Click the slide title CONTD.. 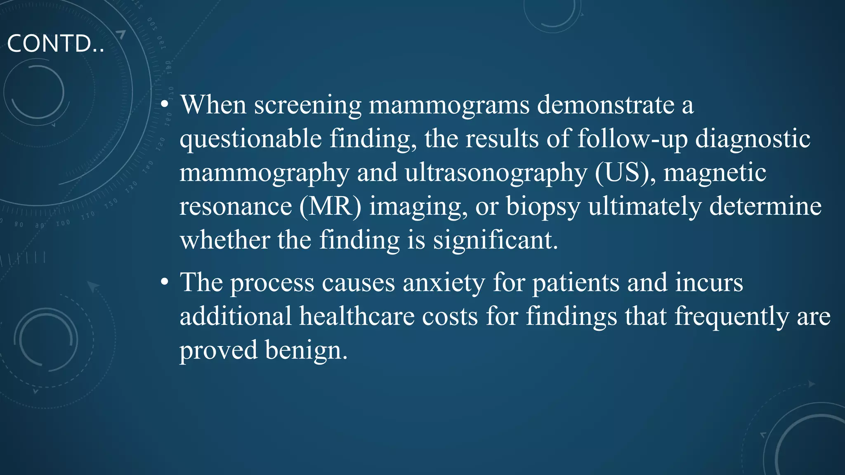pyautogui.click(x=55, y=44)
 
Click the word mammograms pyautogui.click(x=449, y=105)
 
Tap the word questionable pyautogui.click(x=250, y=139)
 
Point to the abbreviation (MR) pyautogui.click(x=330, y=207)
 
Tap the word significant pyautogui.click(x=495, y=240)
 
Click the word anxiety pyautogui.click(x=444, y=284)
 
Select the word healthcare pyautogui.click(x=357, y=317)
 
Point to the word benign pyautogui.click(x=306, y=351)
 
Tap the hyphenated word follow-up pyautogui.click(x=632, y=139)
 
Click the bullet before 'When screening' pyautogui.click(x=165, y=105)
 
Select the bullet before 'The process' pyautogui.click(x=165, y=283)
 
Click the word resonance pyautogui.click(x=236, y=207)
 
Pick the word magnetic pyautogui.click(x=715, y=173)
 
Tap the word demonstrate pyautogui.click(x=606, y=105)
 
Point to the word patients pyautogui.click(x=576, y=284)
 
